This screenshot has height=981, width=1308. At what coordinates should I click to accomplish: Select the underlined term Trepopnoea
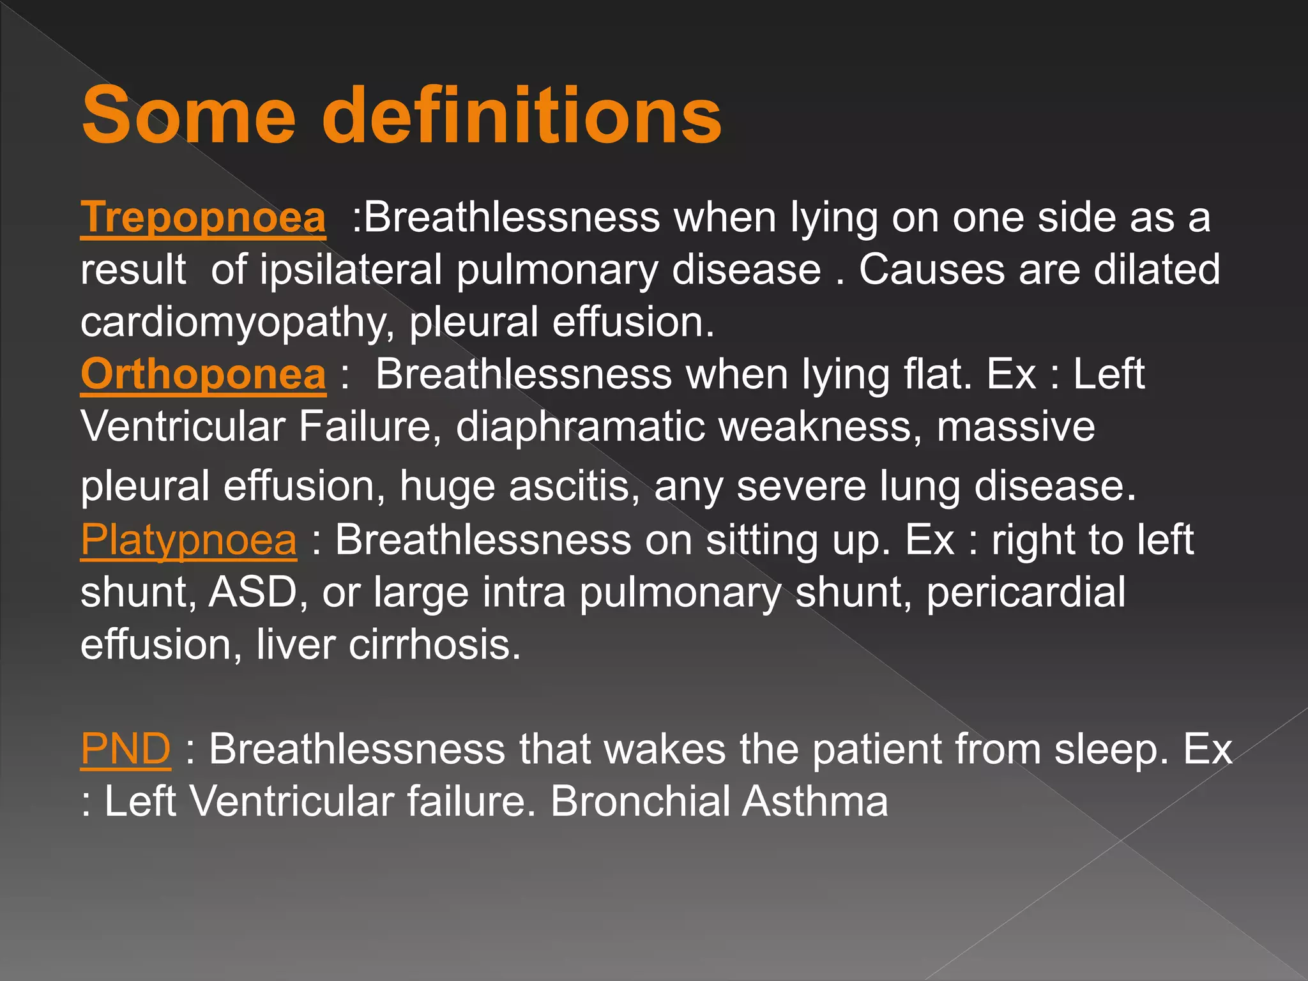(x=203, y=217)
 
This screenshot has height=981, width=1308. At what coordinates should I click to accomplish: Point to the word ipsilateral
(x=351, y=270)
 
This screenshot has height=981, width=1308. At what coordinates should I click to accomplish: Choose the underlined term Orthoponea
(x=203, y=374)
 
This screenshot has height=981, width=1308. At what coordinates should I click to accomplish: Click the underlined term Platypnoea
(x=188, y=540)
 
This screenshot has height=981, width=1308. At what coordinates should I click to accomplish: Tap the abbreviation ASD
(x=254, y=593)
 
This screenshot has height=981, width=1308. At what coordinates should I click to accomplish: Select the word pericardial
(x=1026, y=593)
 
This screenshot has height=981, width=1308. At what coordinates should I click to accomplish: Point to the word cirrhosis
(x=434, y=645)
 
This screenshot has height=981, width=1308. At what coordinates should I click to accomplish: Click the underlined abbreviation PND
(x=126, y=749)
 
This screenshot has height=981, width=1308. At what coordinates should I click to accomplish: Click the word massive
(x=1015, y=427)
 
